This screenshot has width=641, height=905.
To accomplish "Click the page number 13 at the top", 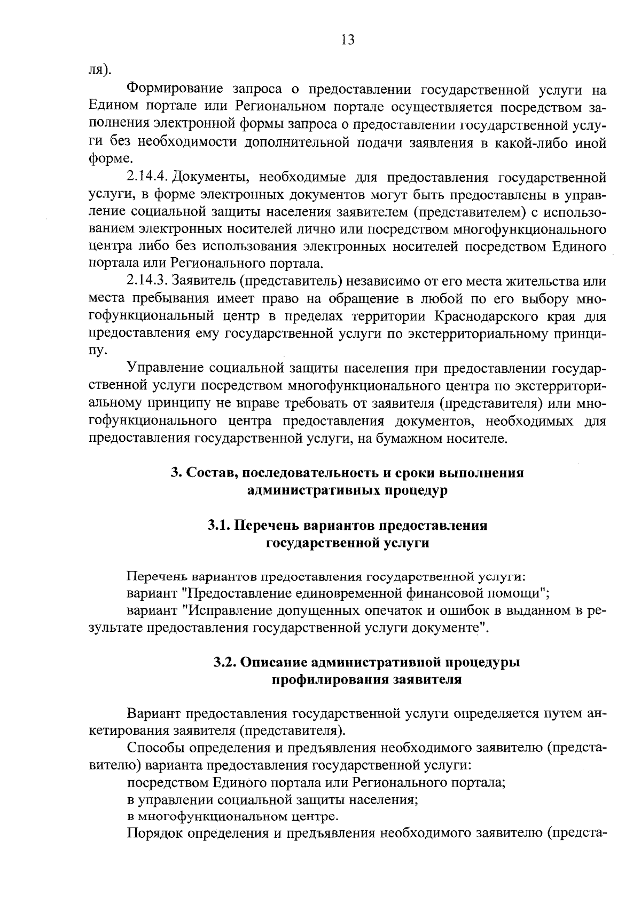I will point(347,40).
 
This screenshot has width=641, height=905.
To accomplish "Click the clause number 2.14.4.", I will point(148,177).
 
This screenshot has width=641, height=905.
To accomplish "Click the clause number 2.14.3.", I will point(148,281).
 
